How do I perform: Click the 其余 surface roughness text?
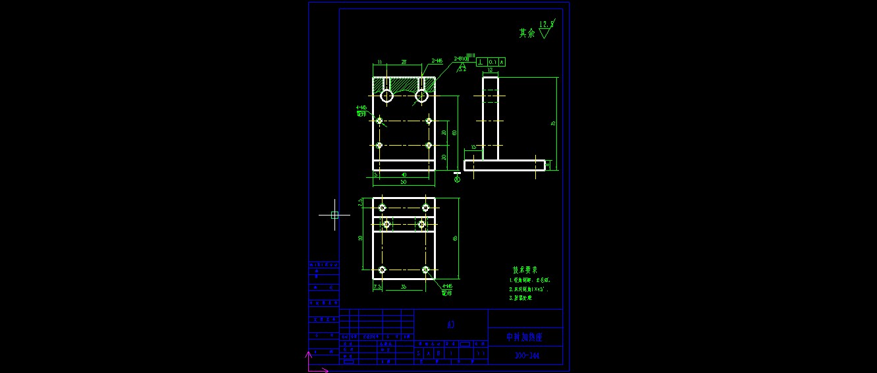pos(527,33)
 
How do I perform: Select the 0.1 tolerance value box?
pos(492,62)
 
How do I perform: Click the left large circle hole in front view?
pos(386,96)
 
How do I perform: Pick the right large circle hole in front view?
pos(421,96)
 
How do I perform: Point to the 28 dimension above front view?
pos(404,62)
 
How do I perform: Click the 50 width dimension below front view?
pos(403,182)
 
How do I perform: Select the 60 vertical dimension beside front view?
pos(454,132)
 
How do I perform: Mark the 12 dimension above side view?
pos(490,70)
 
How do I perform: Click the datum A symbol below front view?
pos(458,177)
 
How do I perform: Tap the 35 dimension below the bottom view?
pos(404,287)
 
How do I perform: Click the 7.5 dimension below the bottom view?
pos(377,287)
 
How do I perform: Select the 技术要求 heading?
pos(525,270)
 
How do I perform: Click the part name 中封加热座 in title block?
pos(524,337)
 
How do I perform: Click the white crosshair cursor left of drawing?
pos(334,215)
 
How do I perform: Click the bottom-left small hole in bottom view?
pos(382,270)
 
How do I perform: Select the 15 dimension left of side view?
pos(473,147)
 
